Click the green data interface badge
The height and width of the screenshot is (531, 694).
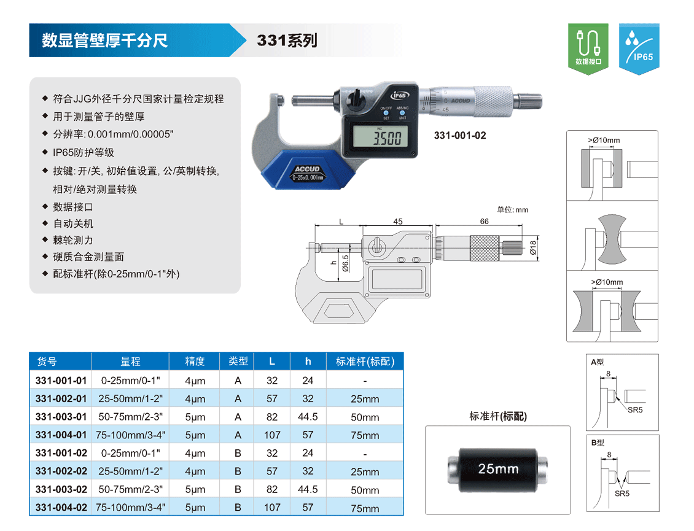(x=588, y=48)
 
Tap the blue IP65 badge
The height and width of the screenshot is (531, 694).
(x=639, y=48)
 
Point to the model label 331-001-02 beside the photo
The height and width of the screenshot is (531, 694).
(x=460, y=136)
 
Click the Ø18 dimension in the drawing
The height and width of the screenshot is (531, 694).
(x=533, y=248)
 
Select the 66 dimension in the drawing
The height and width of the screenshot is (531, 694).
(x=484, y=221)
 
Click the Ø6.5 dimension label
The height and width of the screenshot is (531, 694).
(x=345, y=263)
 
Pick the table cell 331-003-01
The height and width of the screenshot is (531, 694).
(x=61, y=417)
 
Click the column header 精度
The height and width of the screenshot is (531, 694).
(x=195, y=361)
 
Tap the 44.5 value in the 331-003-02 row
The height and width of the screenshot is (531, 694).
(x=308, y=489)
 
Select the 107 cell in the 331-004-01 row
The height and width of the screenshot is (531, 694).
(x=272, y=435)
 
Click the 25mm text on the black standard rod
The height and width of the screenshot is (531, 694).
(x=498, y=468)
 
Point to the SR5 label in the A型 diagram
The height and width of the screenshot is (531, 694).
(x=635, y=409)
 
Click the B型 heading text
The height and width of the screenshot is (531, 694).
(x=598, y=443)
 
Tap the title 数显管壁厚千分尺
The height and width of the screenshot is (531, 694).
(x=105, y=41)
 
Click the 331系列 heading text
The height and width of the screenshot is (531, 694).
(x=287, y=41)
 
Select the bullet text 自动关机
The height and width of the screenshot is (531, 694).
(x=74, y=223)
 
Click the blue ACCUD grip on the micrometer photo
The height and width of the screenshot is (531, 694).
(x=308, y=170)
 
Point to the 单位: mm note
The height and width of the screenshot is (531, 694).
(x=513, y=210)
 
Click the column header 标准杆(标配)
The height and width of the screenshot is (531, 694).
(x=365, y=362)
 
